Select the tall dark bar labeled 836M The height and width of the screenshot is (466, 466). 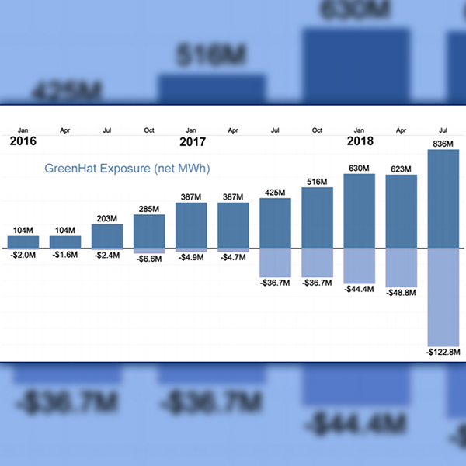click(443, 199)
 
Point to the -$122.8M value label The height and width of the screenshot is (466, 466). click(443, 352)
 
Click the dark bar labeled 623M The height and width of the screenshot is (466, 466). click(402, 211)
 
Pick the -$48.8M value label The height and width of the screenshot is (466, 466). click(402, 293)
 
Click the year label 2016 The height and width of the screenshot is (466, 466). click(23, 142)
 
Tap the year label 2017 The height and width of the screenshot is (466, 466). click(192, 142)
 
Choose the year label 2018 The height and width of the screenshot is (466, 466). click(360, 142)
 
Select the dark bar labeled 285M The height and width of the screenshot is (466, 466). click(149, 231)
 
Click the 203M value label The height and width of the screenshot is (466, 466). click(107, 218)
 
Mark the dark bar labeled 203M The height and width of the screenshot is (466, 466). click(107, 236)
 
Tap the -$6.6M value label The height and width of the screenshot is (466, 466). click(149, 259)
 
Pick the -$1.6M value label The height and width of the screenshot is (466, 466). click(64, 255)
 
